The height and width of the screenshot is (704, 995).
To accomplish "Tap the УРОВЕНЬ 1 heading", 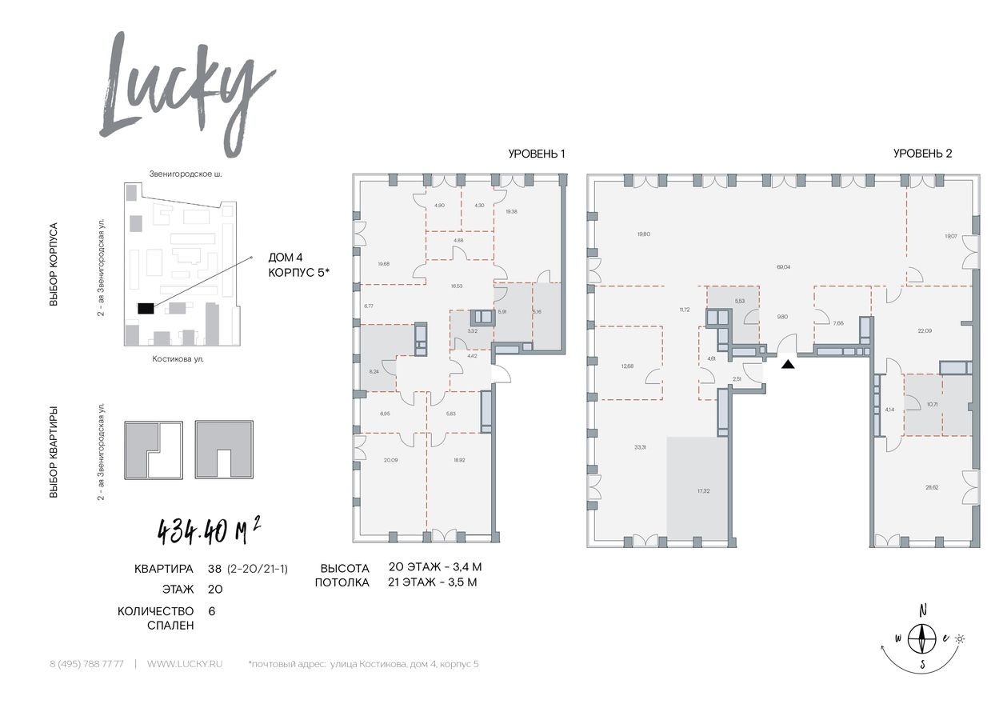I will point(537,154).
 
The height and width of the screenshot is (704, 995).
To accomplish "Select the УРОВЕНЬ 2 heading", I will point(922,154).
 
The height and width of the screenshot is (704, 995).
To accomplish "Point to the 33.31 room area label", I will point(637,447).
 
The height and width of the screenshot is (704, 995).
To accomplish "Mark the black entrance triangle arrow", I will point(788,364).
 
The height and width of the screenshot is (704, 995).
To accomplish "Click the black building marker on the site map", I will point(146,309).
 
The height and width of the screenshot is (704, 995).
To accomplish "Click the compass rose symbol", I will point(925,638).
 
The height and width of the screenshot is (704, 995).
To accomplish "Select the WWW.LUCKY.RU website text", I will point(185,665).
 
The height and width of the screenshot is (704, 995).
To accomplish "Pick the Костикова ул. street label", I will point(178,359).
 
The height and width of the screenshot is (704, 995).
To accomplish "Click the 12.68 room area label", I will point(626,366).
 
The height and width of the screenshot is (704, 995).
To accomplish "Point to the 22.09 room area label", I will point(925,330).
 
